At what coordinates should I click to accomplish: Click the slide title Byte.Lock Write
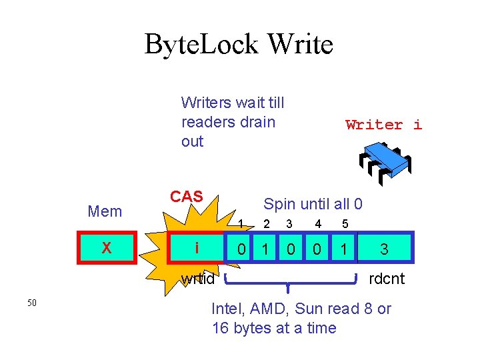[x=239, y=45]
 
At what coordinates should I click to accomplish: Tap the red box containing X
[x=106, y=249]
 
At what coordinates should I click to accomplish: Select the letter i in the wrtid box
[x=197, y=249]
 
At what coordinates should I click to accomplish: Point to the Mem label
[x=105, y=212]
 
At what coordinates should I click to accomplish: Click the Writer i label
[x=383, y=125]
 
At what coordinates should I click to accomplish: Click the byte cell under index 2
[x=266, y=249]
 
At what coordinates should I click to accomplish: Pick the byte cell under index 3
[x=291, y=249]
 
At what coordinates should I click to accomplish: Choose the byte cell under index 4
[x=317, y=249]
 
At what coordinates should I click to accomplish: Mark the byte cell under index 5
[x=343, y=249]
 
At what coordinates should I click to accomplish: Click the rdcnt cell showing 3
[x=385, y=249]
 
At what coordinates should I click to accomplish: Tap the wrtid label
[x=198, y=279]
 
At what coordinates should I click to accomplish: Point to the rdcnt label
[x=387, y=279]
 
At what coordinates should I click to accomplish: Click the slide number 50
[x=32, y=303]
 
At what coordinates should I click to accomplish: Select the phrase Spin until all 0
[x=313, y=204]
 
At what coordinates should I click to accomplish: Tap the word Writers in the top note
[x=206, y=103]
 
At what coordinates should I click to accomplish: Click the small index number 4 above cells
[x=318, y=224]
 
